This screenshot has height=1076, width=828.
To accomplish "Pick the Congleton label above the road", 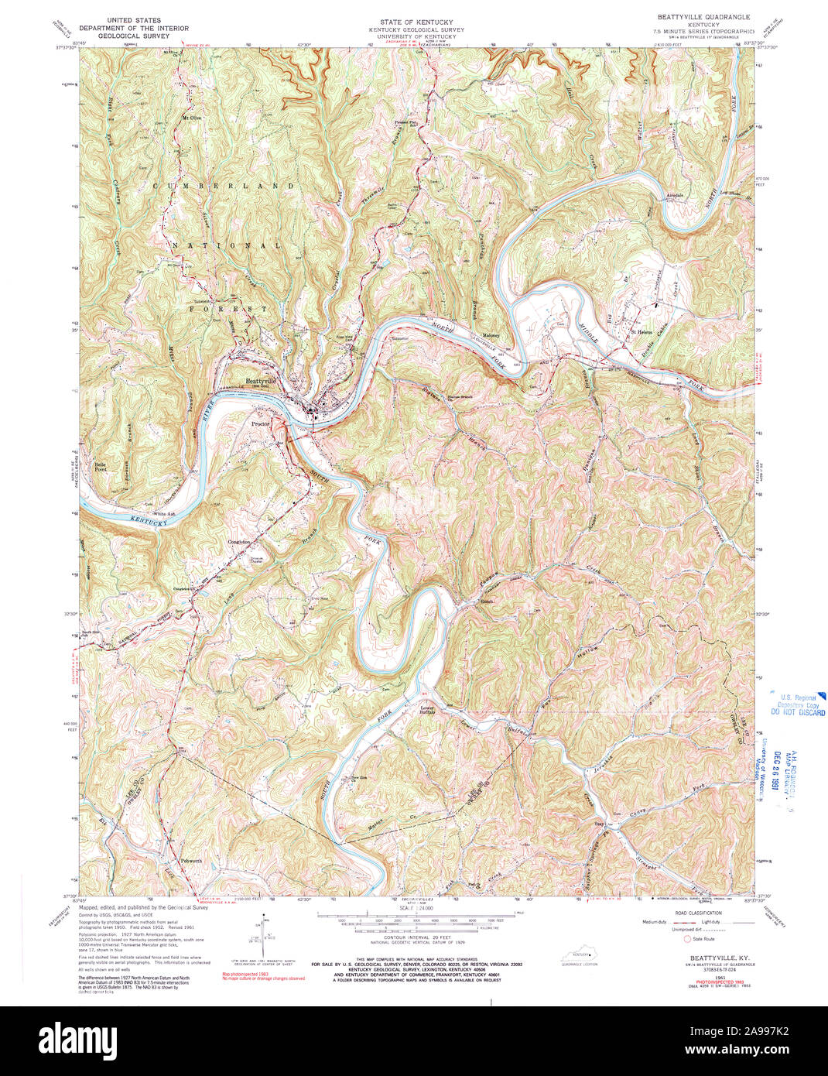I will click(241, 541).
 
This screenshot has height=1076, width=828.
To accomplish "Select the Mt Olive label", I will click(191, 118).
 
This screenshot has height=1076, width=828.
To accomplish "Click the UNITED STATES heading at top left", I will click(134, 19).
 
